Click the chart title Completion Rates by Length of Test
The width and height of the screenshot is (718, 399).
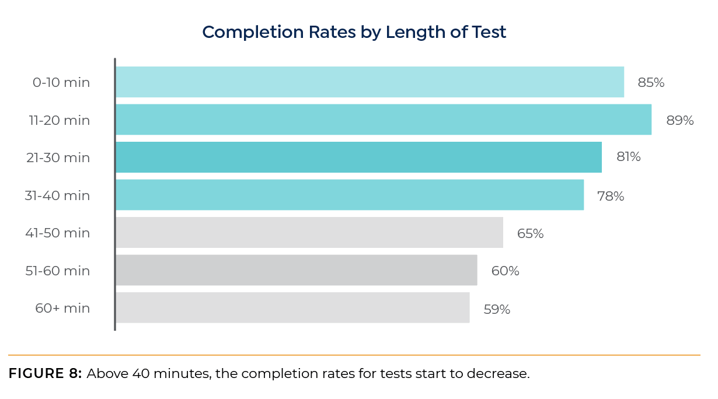point(354,32)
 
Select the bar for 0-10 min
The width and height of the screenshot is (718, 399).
point(370,82)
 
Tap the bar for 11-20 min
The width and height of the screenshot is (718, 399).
point(383,120)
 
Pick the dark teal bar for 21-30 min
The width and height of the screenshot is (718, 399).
point(358,157)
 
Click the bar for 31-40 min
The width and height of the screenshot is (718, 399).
point(349,195)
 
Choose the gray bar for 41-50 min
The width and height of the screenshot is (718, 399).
point(309,233)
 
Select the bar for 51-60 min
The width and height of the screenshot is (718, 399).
point(296,270)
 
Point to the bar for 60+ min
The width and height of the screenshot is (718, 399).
point(292,308)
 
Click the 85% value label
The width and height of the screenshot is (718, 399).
point(651,83)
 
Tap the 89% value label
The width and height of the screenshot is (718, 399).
point(680,121)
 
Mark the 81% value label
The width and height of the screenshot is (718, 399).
point(628,157)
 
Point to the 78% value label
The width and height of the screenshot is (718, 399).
point(611,197)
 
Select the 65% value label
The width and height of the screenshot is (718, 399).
point(530,234)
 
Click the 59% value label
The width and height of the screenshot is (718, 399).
point(497,310)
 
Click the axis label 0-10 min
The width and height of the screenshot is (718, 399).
point(61,83)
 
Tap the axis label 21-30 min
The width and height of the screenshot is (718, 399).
point(59,157)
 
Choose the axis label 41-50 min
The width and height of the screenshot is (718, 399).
point(57,233)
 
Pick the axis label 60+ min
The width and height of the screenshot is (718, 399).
point(62,308)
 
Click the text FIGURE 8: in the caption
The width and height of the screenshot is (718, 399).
point(45,374)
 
